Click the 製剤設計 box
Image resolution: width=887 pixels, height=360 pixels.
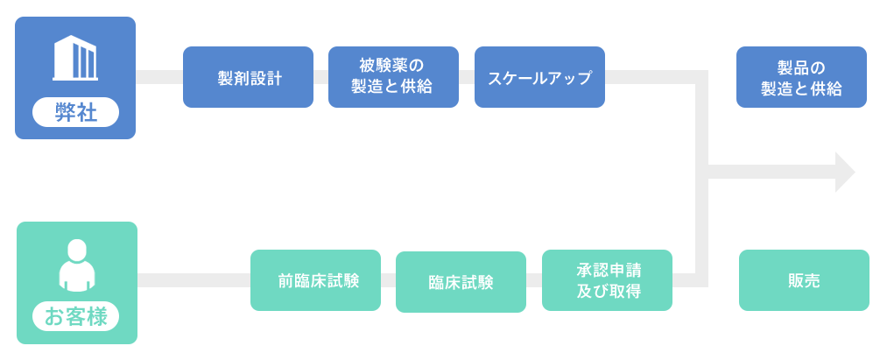(248, 77)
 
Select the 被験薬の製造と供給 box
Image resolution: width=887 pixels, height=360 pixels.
(393, 77)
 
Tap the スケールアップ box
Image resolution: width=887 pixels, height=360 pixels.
(539, 77)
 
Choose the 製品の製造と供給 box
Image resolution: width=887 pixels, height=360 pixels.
(801, 77)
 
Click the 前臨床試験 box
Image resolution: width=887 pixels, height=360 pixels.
(315, 280)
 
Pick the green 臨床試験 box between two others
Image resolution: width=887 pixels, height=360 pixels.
(461, 282)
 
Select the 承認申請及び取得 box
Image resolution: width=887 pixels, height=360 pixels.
(607, 280)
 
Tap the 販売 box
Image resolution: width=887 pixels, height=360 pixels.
(804, 280)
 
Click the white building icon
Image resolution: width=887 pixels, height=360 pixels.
(75, 58)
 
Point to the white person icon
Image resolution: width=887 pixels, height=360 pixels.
(77, 265)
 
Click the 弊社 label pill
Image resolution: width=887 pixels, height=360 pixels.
(76, 112)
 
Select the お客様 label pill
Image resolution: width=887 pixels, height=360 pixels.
(76, 316)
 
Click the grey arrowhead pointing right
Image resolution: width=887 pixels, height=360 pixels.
(845, 172)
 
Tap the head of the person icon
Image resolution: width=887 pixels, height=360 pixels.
(77, 250)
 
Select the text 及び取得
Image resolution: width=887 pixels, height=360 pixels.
(609, 292)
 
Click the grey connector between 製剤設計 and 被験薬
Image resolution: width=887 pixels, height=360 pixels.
(320, 77)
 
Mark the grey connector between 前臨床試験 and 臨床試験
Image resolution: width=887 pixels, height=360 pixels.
(388, 280)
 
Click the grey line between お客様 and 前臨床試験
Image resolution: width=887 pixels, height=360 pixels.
(194, 280)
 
